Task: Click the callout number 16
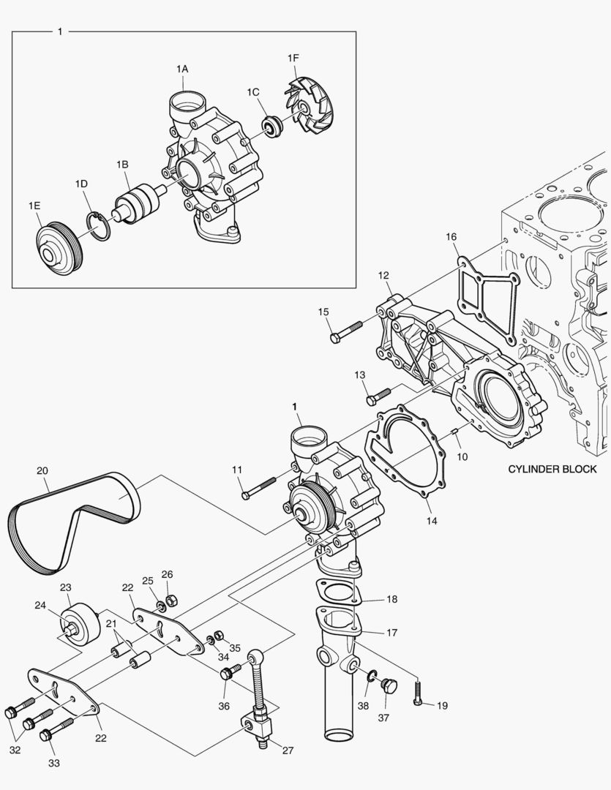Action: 451,236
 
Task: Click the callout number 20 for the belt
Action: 42,470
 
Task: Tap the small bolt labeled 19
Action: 418,693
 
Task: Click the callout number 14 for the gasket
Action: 432,522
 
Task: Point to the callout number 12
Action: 383,275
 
